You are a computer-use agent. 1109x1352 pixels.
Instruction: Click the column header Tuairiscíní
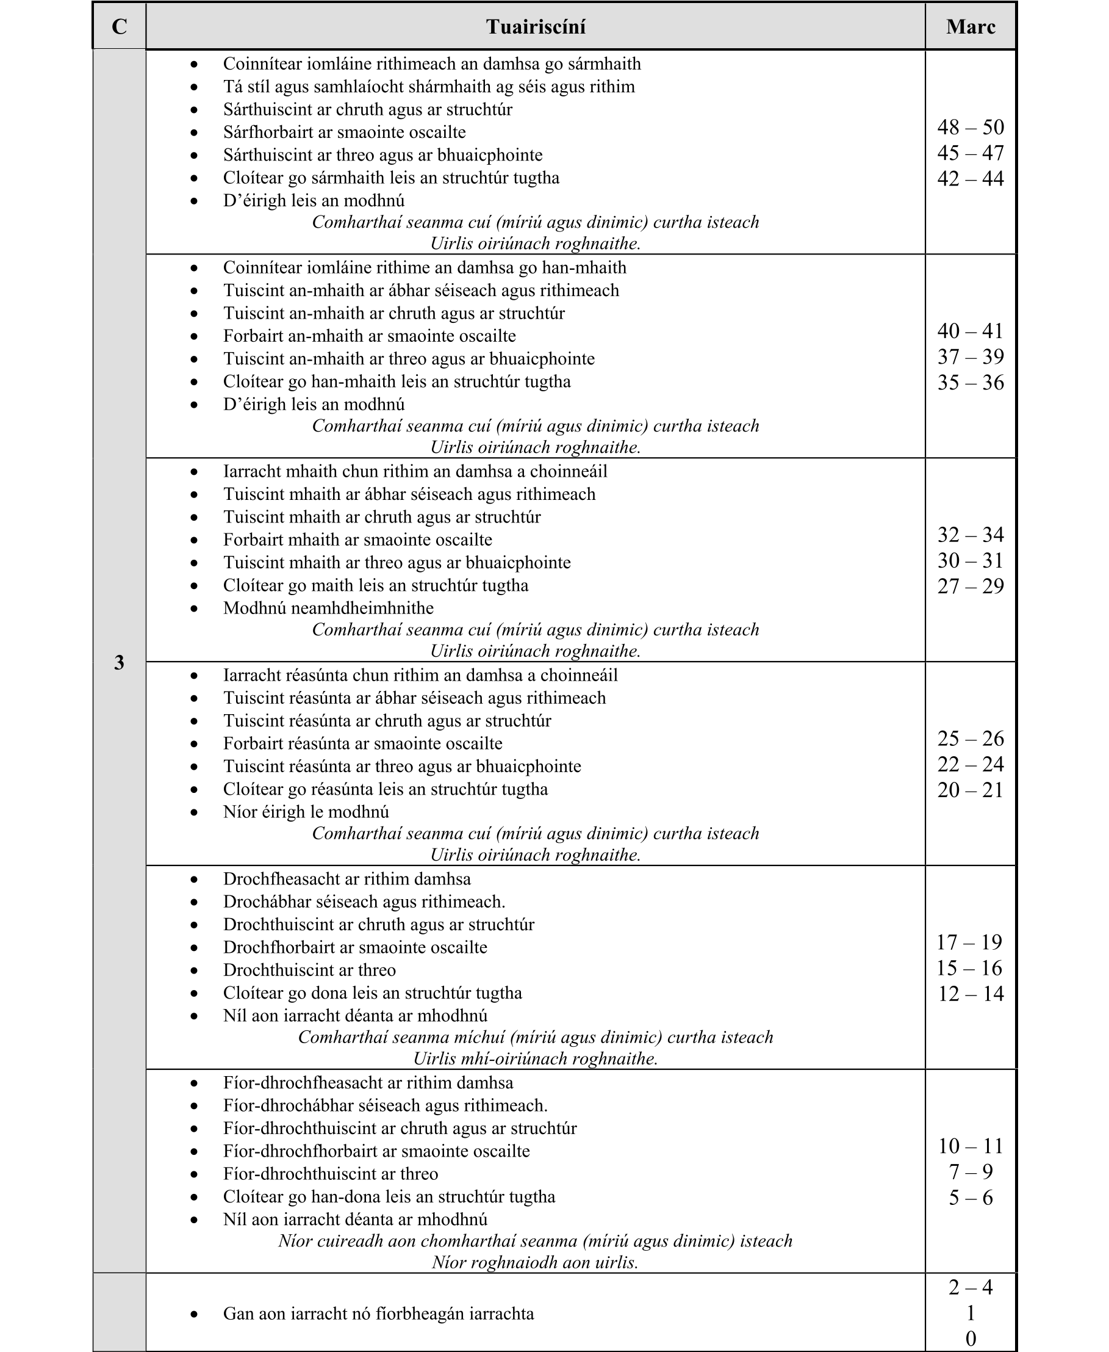point(536,27)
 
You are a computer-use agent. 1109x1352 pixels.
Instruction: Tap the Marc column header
point(971,27)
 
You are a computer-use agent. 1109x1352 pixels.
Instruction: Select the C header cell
point(119,27)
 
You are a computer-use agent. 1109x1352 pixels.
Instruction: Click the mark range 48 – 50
point(971,127)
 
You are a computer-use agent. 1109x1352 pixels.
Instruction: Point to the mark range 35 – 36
point(971,382)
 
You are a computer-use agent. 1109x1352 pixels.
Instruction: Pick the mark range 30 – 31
point(971,560)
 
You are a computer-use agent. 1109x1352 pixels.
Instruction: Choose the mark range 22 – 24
point(971,764)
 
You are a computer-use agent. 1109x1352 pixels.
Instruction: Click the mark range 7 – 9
point(971,1172)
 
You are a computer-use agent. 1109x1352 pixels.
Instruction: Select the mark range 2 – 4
point(971,1287)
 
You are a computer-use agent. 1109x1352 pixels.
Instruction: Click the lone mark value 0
point(971,1338)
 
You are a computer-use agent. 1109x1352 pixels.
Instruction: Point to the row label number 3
point(119,663)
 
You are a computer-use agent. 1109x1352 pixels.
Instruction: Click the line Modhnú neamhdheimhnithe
point(328,608)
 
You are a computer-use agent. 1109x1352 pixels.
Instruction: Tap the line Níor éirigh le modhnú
point(306,812)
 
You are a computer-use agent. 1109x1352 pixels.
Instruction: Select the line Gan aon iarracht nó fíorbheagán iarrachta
point(378,1314)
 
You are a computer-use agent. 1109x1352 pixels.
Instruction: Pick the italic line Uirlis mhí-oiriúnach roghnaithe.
point(535,1058)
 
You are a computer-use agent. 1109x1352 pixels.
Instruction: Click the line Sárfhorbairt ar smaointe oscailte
point(344,132)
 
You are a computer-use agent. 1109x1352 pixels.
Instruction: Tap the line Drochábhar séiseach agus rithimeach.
point(364,902)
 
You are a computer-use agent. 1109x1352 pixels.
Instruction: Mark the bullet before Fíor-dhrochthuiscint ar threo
point(194,1174)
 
